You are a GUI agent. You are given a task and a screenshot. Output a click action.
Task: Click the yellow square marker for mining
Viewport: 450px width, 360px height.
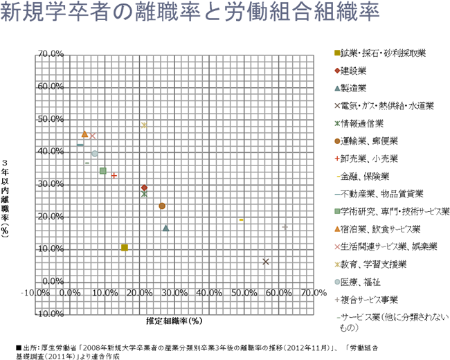(x=125, y=247)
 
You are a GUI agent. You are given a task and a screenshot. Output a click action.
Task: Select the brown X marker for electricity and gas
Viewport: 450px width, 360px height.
(x=266, y=261)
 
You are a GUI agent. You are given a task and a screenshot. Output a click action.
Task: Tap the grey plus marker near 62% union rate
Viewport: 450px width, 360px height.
(x=285, y=227)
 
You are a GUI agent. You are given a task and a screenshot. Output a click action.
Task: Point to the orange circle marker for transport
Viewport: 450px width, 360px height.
(x=162, y=206)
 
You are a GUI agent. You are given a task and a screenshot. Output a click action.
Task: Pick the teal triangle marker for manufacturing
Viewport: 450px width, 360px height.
(x=165, y=228)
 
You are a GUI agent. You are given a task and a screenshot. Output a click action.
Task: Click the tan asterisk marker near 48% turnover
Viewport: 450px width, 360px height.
(x=144, y=125)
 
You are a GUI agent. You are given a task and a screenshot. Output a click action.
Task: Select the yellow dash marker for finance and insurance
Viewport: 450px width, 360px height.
(x=241, y=219)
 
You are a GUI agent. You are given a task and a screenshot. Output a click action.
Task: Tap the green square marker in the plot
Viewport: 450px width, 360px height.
(x=102, y=170)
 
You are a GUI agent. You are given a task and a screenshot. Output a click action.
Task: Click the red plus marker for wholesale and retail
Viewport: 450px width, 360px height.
(x=114, y=175)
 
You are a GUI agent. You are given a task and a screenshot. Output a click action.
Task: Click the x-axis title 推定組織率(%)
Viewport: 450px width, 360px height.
(x=174, y=321)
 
